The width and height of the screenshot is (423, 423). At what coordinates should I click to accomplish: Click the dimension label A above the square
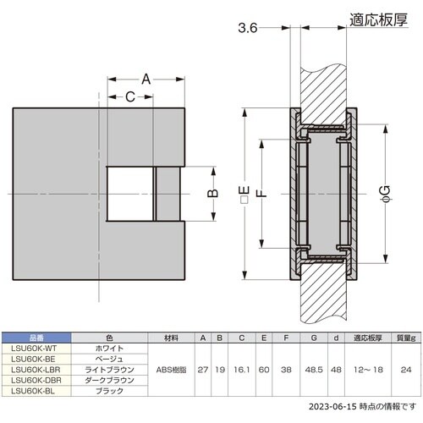click(146, 80)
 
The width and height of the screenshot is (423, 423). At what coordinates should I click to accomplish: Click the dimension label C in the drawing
click(130, 97)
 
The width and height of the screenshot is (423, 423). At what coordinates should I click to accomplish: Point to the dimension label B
click(213, 193)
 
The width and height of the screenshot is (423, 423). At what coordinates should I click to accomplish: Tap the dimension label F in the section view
click(261, 194)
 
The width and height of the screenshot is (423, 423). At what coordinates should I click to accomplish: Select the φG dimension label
click(386, 194)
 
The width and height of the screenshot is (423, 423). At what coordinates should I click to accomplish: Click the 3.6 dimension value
click(248, 28)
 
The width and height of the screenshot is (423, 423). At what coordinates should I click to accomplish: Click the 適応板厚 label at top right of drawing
click(378, 20)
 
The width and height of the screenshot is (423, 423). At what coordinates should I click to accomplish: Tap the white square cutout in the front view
click(130, 194)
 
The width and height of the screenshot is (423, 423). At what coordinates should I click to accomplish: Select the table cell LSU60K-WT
click(34, 349)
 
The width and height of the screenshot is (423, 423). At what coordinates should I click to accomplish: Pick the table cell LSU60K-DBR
click(36, 380)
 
